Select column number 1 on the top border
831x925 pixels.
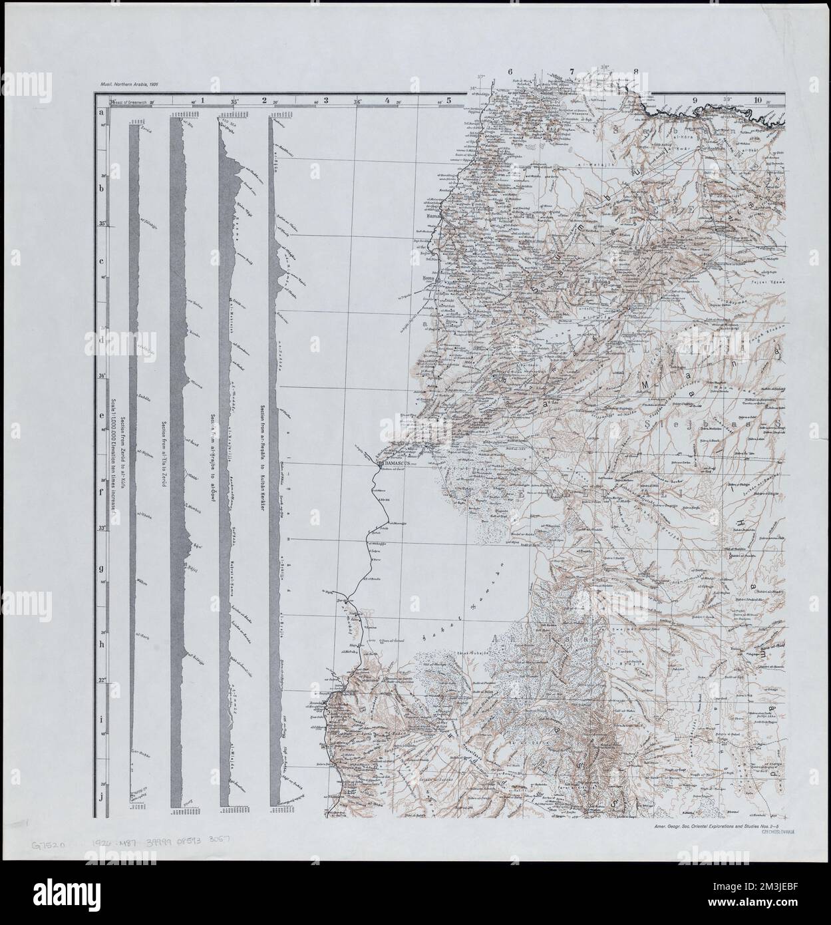pos(203,100)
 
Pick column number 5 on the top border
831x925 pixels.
pos(449,100)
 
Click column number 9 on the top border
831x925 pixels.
pos(695,100)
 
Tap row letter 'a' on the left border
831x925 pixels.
pos(102,112)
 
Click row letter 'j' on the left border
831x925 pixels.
pos(102,796)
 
